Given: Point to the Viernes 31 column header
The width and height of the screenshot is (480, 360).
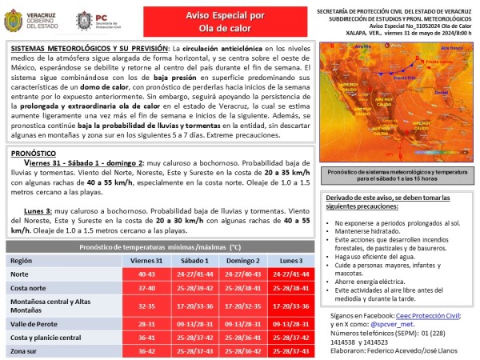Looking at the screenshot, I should pos(146,261).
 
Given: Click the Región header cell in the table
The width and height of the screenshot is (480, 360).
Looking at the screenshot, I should pos(22,261).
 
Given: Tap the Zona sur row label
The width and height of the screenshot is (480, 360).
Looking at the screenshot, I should pos(26,350).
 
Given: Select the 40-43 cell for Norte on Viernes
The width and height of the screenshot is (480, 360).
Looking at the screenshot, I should pos(146,274).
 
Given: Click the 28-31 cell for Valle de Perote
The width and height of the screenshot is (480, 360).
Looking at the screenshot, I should pos(146,324).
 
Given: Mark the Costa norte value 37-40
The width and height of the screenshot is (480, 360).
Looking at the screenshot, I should pos(146,286).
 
